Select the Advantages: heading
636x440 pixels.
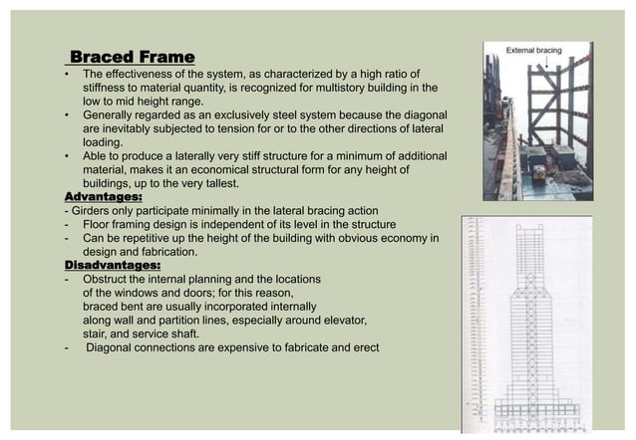104,197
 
